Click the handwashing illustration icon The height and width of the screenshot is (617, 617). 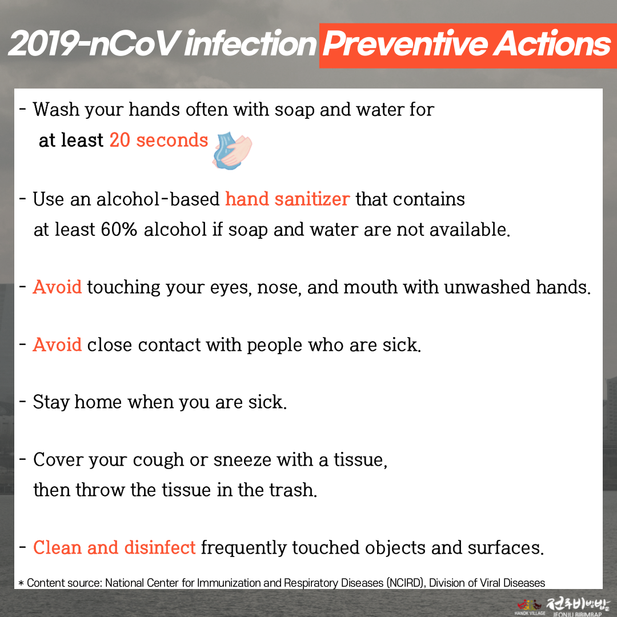[232, 151]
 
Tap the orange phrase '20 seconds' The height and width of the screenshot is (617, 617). [159, 140]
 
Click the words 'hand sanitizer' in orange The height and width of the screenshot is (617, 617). [287, 199]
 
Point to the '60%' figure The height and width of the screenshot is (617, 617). [119, 230]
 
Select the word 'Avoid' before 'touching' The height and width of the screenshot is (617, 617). [58, 287]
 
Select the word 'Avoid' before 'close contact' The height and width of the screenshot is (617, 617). [58, 344]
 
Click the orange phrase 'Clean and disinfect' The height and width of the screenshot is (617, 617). [114, 547]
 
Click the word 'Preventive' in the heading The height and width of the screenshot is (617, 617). [405, 43]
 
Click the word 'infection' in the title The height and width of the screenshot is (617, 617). [250, 43]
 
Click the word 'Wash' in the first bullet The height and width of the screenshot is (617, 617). [56, 109]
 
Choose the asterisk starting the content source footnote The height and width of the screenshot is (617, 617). [21, 583]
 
